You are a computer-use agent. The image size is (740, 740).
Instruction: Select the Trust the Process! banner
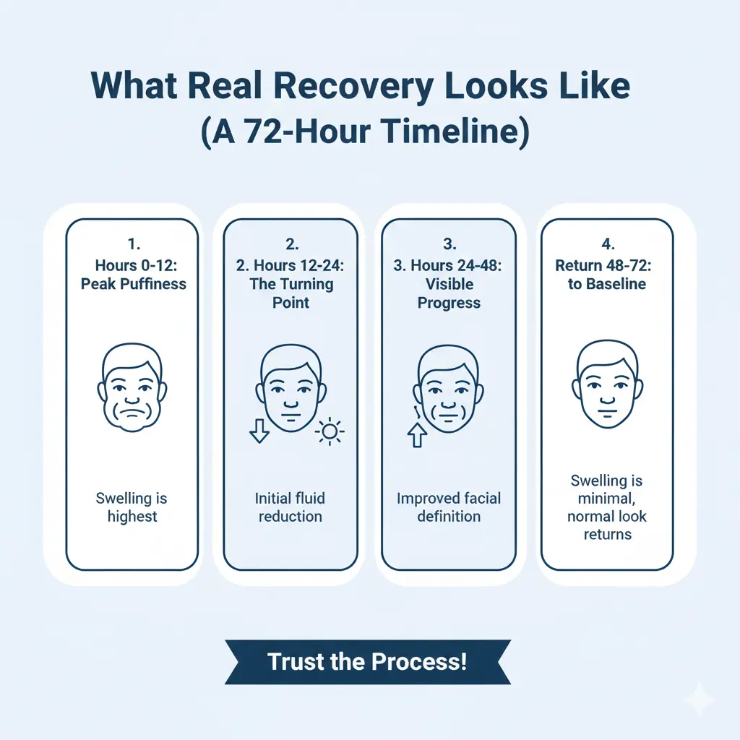point(367,661)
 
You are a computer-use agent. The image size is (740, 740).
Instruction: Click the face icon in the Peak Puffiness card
point(133,388)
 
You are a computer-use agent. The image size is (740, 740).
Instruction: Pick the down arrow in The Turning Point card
point(259,431)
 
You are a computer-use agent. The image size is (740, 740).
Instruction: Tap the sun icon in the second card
point(330,432)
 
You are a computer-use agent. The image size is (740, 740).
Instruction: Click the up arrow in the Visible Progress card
point(416,435)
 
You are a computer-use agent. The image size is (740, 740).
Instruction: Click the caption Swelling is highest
point(132,507)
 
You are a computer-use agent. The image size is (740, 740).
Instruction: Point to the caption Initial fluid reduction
point(290,507)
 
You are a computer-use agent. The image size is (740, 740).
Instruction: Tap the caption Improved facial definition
point(449,507)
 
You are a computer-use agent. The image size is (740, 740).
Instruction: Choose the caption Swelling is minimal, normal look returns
point(607,507)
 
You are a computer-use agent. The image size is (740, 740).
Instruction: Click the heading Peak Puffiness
point(133,283)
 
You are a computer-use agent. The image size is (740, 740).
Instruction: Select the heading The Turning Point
point(291,293)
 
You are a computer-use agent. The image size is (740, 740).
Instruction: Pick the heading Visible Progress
point(449,293)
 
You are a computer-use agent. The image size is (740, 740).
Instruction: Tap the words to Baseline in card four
point(607,284)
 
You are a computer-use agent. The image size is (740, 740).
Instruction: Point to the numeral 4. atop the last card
point(607,245)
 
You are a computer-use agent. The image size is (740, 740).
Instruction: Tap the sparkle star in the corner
point(700,700)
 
